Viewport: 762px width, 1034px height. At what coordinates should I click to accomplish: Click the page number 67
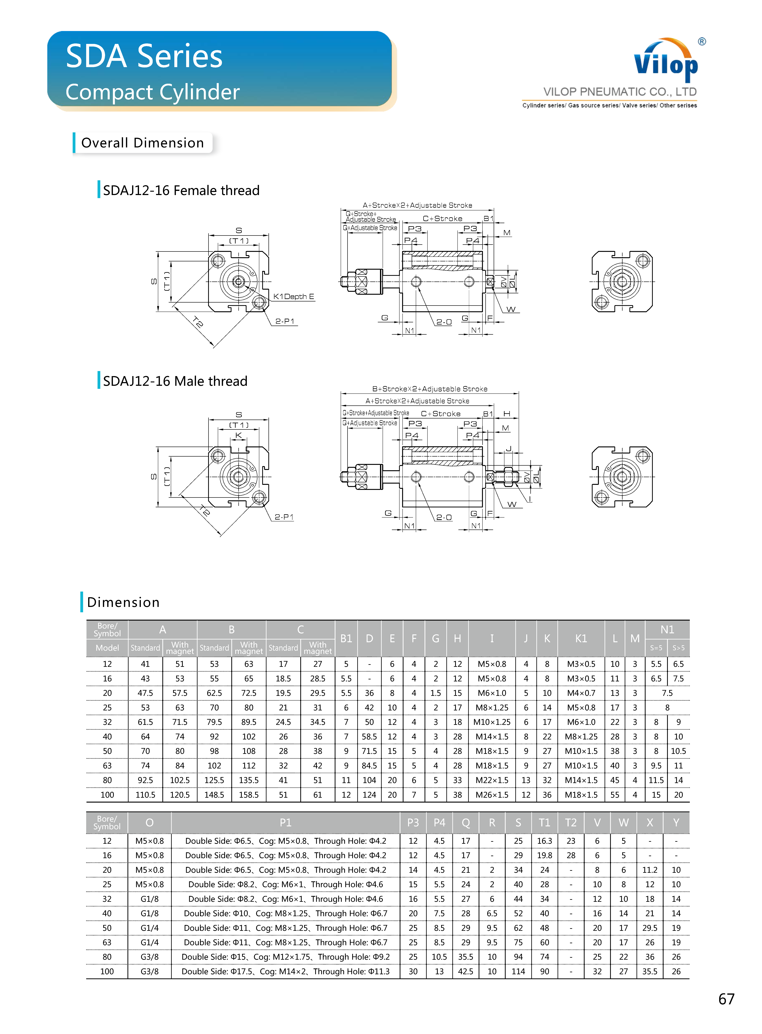tap(726, 999)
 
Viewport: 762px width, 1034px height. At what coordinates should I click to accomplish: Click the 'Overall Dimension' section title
tap(143, 143)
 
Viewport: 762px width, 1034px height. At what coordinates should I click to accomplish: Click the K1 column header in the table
tap(581, 638)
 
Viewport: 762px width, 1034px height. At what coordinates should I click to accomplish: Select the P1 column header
tap(286, 822)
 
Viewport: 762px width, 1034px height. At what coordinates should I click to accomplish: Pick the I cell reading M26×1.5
tap(492, 795)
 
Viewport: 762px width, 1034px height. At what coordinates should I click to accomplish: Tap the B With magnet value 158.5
tap(249, 795)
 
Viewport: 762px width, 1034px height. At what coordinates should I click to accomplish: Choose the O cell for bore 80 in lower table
tap(149, 956)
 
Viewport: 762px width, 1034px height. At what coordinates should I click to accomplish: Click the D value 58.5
tap(369, 737)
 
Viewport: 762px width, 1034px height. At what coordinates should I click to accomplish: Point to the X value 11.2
tap(649, 870)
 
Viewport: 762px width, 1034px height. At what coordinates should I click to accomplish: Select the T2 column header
tap(571, 822)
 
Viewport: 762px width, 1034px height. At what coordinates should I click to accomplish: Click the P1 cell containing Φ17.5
tap(286, 971)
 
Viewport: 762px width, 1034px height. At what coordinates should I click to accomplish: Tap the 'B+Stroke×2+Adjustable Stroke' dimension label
tap(429, 389)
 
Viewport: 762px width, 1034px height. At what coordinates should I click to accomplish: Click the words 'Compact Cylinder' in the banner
tap(153, 92)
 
